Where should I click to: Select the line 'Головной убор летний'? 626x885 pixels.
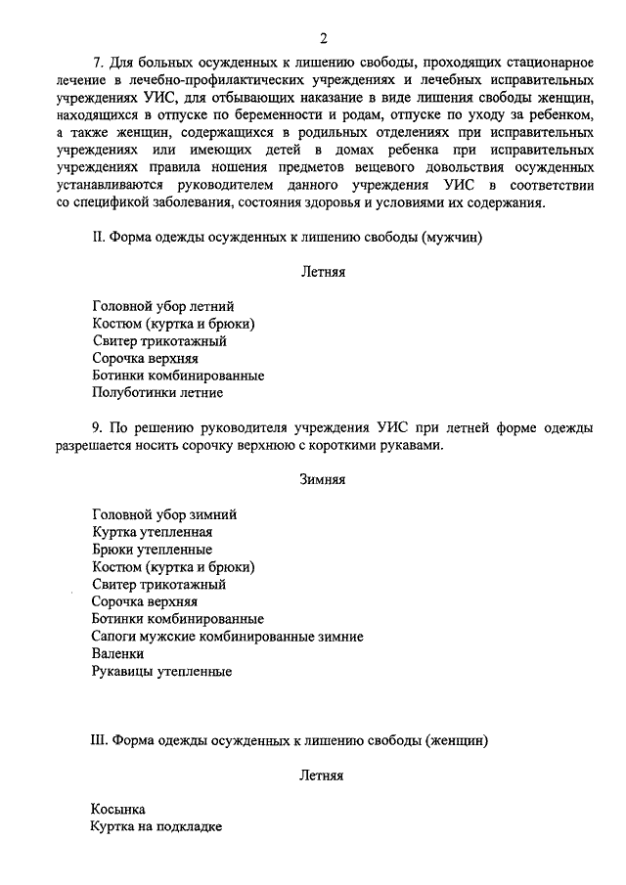[162, 306]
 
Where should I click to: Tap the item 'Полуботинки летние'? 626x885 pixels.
[157, 393]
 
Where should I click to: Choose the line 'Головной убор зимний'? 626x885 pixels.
[164, 513]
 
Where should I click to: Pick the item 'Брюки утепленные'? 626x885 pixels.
[152, 549]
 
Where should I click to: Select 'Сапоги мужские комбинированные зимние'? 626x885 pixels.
[227, 637]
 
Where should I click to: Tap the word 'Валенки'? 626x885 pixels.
[117, 654]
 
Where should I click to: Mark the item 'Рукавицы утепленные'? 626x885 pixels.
[161, 672]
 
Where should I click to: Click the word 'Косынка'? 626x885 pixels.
[117, 810]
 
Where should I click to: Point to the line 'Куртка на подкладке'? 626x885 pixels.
[156, 827]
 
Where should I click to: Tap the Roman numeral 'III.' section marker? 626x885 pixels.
[98, 740]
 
